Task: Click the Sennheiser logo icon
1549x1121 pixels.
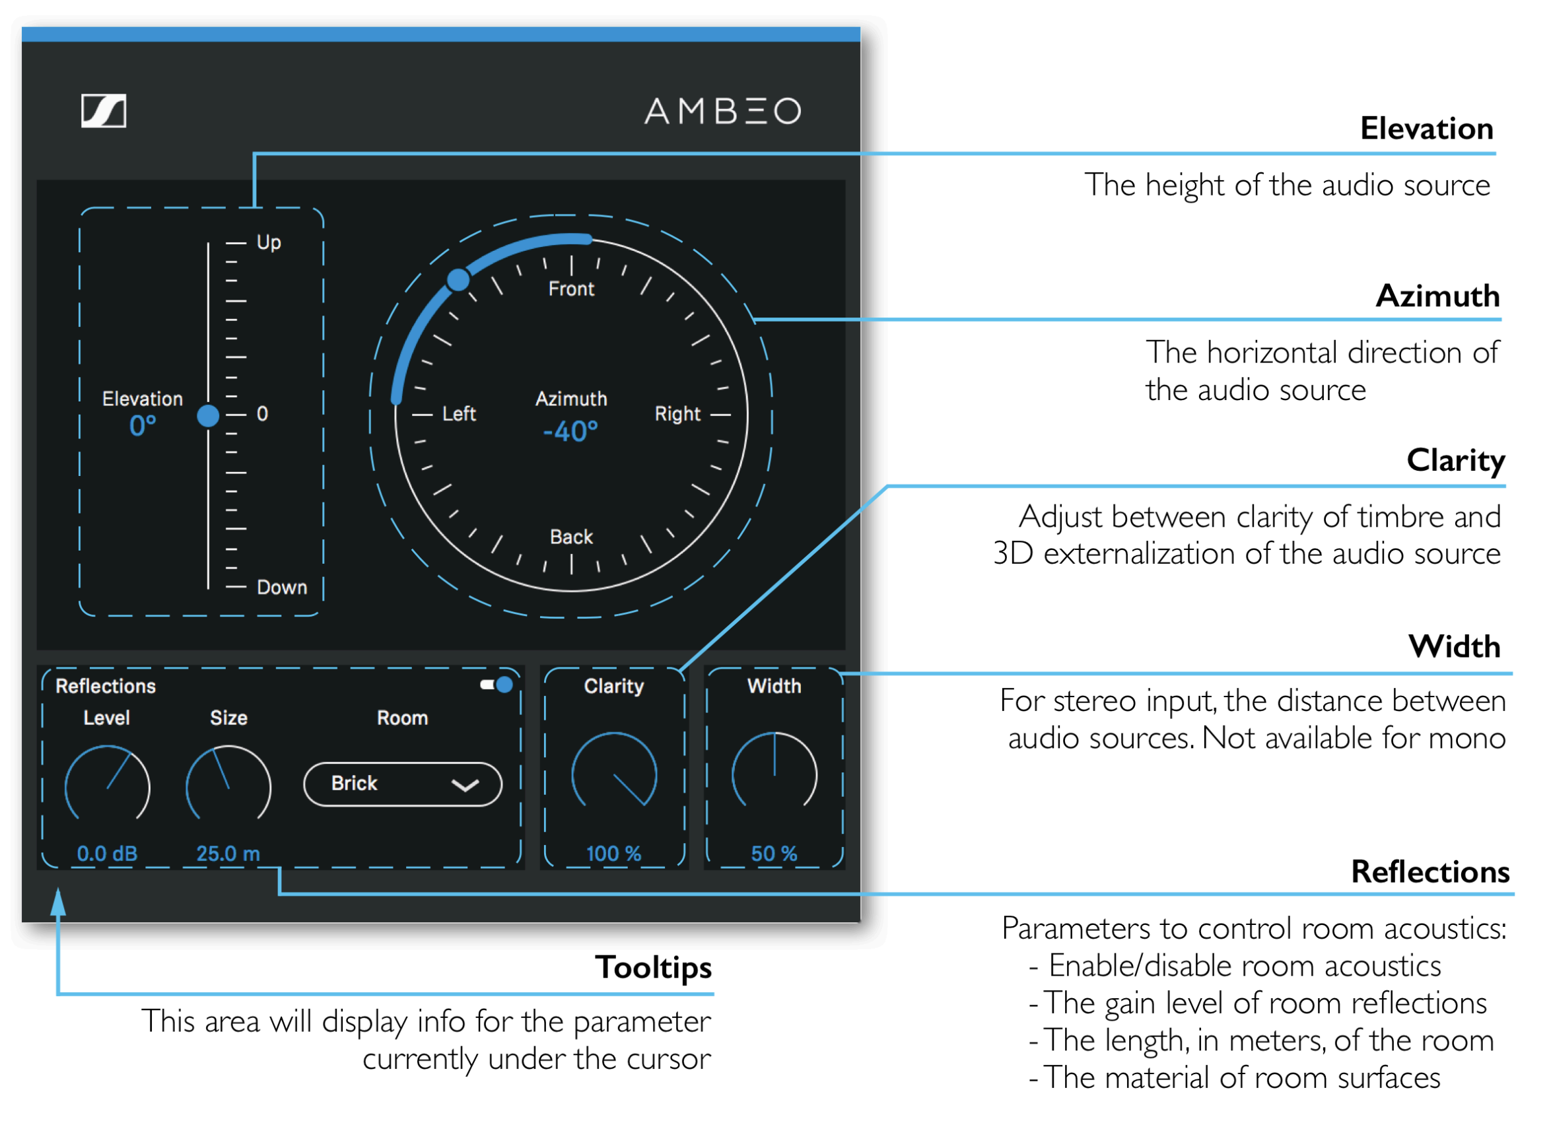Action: pyautogui.click(x=103, y=111)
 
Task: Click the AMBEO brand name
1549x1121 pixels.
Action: pyautogui.click(x=722, y=111)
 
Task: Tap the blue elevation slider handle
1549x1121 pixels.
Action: pyautogui.click(x=208, y=416)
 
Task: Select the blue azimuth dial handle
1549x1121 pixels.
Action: pyautogui.click(x=458, y=279)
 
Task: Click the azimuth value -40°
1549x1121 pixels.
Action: pyautogui.click(x=570, y=432)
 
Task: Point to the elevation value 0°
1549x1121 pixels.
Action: pyautogui.click(x=143, y=426)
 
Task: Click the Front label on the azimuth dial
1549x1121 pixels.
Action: pyautogui.click(x=571, y=289)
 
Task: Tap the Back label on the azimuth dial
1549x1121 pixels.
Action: pyautogui.click(x=571, y=537)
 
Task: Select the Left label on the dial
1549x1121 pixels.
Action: pyautogui.click(x=459, y=414)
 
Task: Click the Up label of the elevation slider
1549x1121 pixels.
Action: pyautogui.click(x=269, y=243)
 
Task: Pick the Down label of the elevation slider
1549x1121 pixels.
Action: pyautogui.click(x=281, y=588)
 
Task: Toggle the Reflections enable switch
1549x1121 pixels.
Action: pyautogui.click(x=497, y=685)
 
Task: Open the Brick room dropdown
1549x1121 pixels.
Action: pyautogui.click(x=402, y=784)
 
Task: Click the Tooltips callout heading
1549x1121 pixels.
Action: pyautogui.click(x=653, y=968)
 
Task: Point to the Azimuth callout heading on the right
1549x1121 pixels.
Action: pyautogui.click(x=1437, y=296)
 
